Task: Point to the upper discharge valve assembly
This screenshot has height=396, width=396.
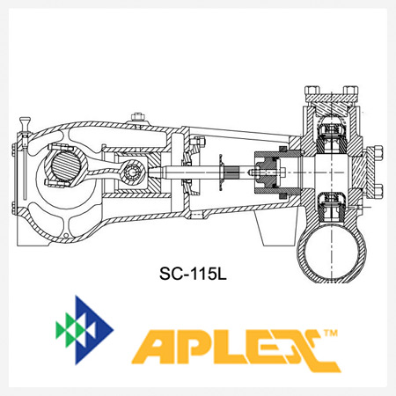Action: [x=334, y=130]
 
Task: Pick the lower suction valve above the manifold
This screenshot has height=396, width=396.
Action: [x=334, y=205]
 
